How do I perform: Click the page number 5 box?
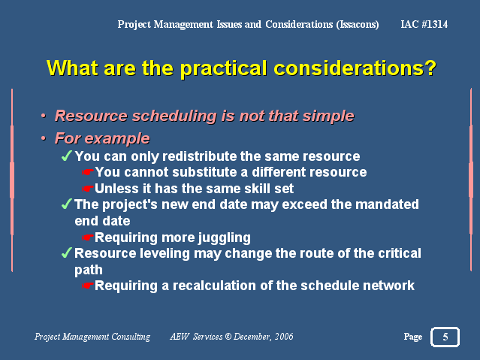click(445, 337)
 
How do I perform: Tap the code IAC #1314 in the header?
click(424, 24)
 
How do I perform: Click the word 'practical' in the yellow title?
click(223, 68)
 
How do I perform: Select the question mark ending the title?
click(430, 68)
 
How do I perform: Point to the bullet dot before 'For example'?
click(44, 138)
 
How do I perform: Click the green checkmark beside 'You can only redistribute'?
click(67, 156)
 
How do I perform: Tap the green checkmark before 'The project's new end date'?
click(67, 204)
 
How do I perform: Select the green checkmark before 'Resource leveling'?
click(67, 253)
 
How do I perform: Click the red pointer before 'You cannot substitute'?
click(88, 172)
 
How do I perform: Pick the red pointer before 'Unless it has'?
click(88, 189)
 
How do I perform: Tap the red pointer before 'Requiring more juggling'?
click(88, 237)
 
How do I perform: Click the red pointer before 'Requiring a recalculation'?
click(88, 286)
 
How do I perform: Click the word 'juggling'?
click(224, 238)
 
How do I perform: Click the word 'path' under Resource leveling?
click(89, 271)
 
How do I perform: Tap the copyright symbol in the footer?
click(228, 337)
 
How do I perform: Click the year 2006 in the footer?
click(284, 337)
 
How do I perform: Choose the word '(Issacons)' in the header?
click(358, 25)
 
